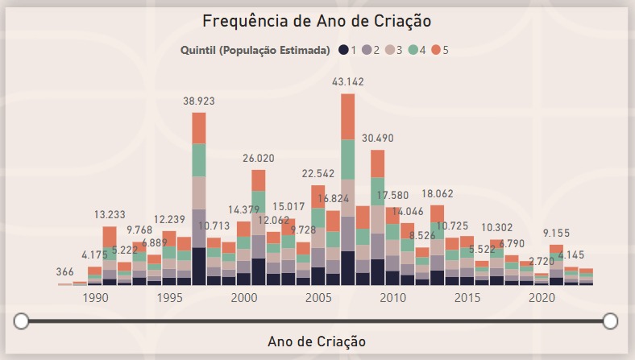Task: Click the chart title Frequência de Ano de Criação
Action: coord(317,20)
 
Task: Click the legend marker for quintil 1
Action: coord(343,50)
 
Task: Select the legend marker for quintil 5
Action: coord(435,50)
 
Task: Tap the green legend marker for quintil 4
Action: coord(413,50)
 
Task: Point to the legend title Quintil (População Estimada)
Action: coord(255,50)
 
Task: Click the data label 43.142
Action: coord(348,82)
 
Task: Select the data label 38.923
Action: coord(199,101)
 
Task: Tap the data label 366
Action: coord(65,272)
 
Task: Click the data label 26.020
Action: coord(259,159)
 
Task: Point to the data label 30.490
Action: coord(378,138)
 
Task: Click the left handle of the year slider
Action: coord(22,321)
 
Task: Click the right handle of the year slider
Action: coord(610,321)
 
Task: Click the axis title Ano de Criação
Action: coord(317,341)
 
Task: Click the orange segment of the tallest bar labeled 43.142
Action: coord(348,117)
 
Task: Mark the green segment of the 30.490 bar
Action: coord(378,191)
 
